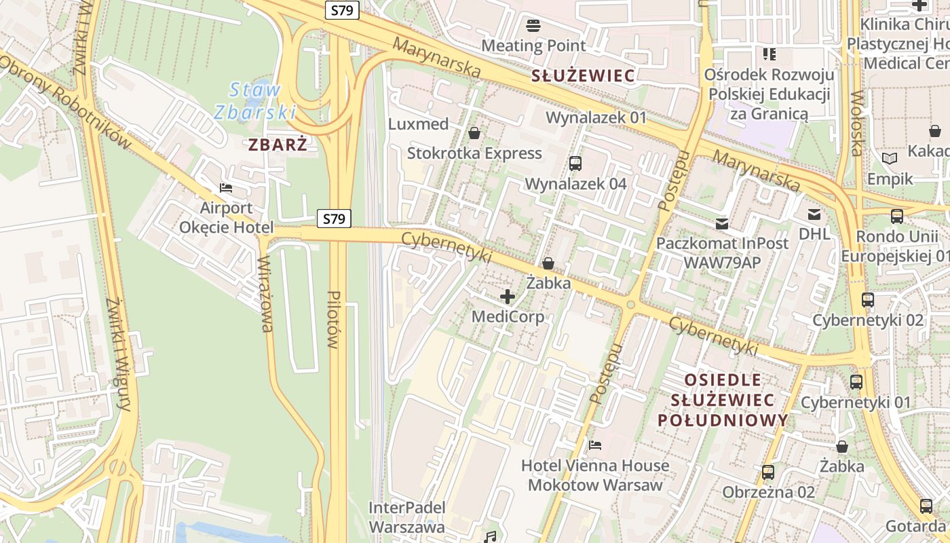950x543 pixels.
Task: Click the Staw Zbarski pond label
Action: [255, 100]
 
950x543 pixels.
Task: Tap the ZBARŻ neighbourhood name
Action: [278, 145]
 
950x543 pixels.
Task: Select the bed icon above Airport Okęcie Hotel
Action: [226, 187]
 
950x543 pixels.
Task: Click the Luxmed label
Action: [419, 124]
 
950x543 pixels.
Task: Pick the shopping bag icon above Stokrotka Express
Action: [474, 132]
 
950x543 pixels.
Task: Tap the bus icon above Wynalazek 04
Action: [575, 164]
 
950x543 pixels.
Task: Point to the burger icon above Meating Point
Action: [533, 26]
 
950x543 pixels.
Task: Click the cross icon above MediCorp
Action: [508, 297]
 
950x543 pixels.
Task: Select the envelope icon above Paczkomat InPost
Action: [722, 223]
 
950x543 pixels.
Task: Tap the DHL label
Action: [814, 233]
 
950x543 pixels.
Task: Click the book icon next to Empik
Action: [890, 159]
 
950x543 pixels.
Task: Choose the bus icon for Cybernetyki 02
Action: [867, 299]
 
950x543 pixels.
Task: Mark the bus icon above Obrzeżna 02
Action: [768, 472]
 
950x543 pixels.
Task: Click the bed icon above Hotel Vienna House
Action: [595, 445]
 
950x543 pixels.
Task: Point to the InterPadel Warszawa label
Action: [407, 517]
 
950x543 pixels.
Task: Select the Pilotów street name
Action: [332, 319]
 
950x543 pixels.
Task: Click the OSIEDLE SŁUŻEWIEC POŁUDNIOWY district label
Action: [723, 400]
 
